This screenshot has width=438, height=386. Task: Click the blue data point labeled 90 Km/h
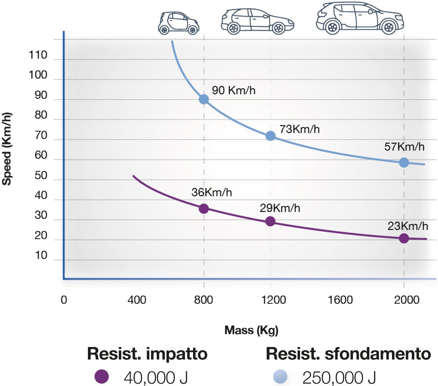[204, 99]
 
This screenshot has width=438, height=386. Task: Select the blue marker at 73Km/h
[270, 136]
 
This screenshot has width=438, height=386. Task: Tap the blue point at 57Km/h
[404, 162]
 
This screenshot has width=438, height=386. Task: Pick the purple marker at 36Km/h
[204, 209]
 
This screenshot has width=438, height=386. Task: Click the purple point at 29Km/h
[270, 221]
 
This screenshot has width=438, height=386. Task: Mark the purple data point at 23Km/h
[404, 238]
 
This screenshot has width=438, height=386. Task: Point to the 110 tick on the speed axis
[38, 55]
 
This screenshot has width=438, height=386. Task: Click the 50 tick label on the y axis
[41, 175]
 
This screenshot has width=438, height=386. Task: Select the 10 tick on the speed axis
[41, 256]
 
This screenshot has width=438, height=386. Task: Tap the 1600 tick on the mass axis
[340, 300]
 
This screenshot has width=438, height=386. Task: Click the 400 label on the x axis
[137, 300]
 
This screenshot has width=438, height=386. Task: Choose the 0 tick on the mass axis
[64, 300]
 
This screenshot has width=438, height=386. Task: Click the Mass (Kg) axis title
[251, 330]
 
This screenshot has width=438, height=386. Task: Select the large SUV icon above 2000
[360, 18]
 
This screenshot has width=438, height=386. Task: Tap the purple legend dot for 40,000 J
[101, 376]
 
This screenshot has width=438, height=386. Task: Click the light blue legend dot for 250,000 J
[280, 376]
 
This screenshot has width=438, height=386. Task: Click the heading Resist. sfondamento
[348, 354]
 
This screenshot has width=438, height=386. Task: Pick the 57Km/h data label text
[404, 147]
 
